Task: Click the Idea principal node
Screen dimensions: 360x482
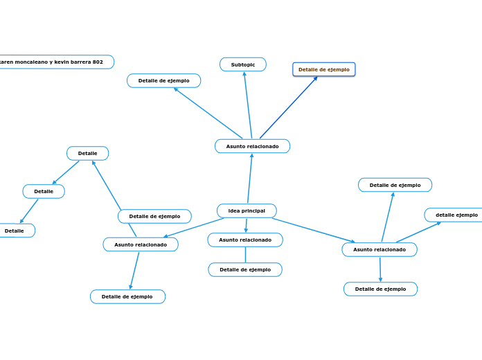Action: [247, 210]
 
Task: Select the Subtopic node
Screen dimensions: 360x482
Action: [243, 64]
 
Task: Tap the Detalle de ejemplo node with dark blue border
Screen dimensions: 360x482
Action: [323, 69]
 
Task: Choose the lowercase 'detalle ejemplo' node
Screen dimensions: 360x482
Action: [456, 215]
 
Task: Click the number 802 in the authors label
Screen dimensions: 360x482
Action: [98, 62]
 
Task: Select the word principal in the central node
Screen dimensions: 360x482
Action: [254, 210]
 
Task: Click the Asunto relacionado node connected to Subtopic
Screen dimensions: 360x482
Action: [252, 146]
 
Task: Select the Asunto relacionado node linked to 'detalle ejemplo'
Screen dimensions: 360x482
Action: [380, 249]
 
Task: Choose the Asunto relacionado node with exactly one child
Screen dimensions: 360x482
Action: [245, 240]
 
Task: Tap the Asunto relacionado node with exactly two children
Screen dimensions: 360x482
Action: [141, 244]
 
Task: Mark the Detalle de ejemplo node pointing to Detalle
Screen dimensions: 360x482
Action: [154, 216]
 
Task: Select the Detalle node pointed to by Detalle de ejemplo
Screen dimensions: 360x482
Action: [87, 153]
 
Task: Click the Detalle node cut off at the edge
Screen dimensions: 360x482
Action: [15, 231]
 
